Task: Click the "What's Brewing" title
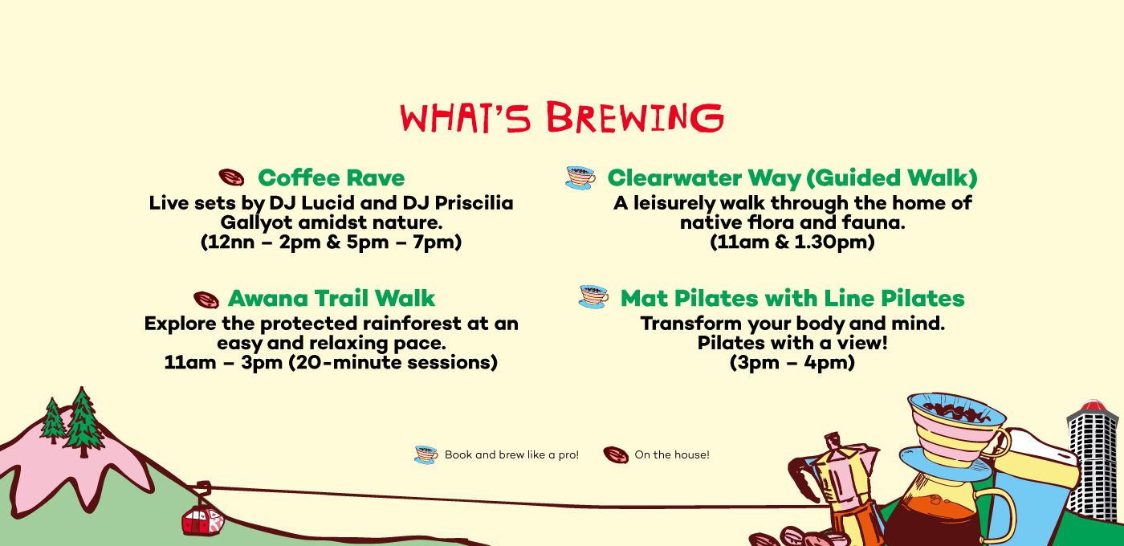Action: pyautogui.click(x=562, y=117)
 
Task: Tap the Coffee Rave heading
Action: pyautogui.click(x=331, y=177)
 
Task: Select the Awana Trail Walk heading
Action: pyautogui.click(x=331, y=298)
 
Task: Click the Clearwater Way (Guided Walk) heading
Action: pyautogui.click(x=792, y=178)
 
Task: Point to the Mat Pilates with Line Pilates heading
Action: pyautogui.click(x=792, y=298)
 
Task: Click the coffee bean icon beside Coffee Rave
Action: pyautogui.click(x=231, y=177)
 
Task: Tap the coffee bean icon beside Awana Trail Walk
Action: pyautogui.click(x=206, y=299)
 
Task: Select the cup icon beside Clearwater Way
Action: pyautogui.click(x=580, y=177)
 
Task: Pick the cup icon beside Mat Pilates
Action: pyautogui.click(x=593, y=296)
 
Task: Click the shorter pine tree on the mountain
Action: pyautogui.click(x=52, y=421)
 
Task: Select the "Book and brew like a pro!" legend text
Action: pyautogui.click(x=511, y=454)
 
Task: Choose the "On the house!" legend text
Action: pyautogui.click(x=672, y=454)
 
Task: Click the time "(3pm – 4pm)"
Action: pyautogui.click(x=792, y=362)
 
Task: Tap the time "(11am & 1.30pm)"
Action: pyautogui.click(x=792, y=242)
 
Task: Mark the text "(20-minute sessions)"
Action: pyautogui.click(x=393, y=362)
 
